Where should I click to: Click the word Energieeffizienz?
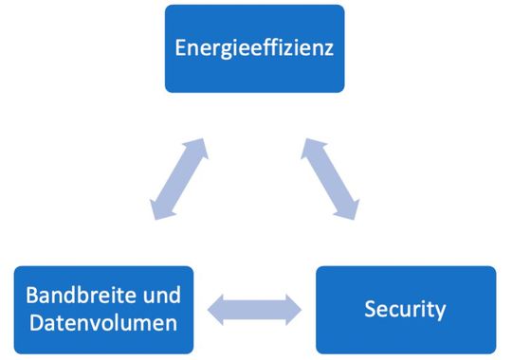pyautogui.click(x=254, y=47)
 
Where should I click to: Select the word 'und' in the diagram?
pyautogui.click(x=154, y=295)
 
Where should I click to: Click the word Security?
pyautogui.click(x=405, y=309)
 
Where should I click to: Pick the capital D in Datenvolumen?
pyautogui.click(x=32, y=324)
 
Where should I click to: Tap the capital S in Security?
pyautogui.click(x=371, y=309)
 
